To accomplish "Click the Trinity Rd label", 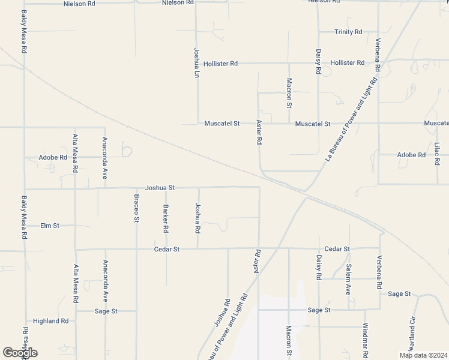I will tap(348, 32).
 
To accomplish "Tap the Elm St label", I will tap(50, 226).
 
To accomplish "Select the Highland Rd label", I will tap(50, 321).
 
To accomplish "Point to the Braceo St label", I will tap(136, 209).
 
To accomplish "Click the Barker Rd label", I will tap(166, 219).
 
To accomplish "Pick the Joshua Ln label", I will tap(196, 64).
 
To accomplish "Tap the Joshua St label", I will tap(160, 188).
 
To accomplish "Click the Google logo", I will tap(20, 353).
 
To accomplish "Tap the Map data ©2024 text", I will tap(424, 355).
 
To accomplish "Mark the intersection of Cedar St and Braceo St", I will tap(136, 249).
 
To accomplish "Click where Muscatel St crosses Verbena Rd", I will tap(378, 124).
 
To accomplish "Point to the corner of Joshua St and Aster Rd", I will tap(259, 187).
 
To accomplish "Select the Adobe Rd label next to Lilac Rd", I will tap(411, 155).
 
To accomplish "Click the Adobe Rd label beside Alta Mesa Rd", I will tap(53, 158).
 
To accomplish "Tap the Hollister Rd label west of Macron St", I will tap(220, 63).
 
